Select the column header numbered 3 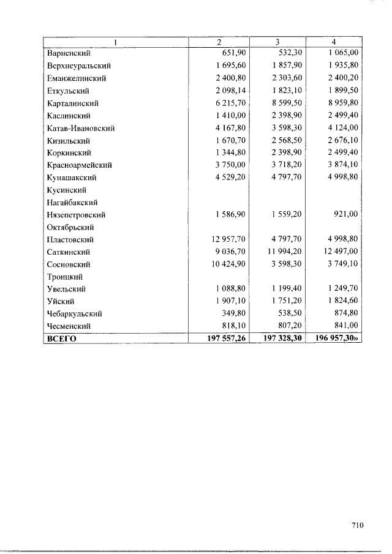(x=277, y=42)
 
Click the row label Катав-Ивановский (x=81, y=128)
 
